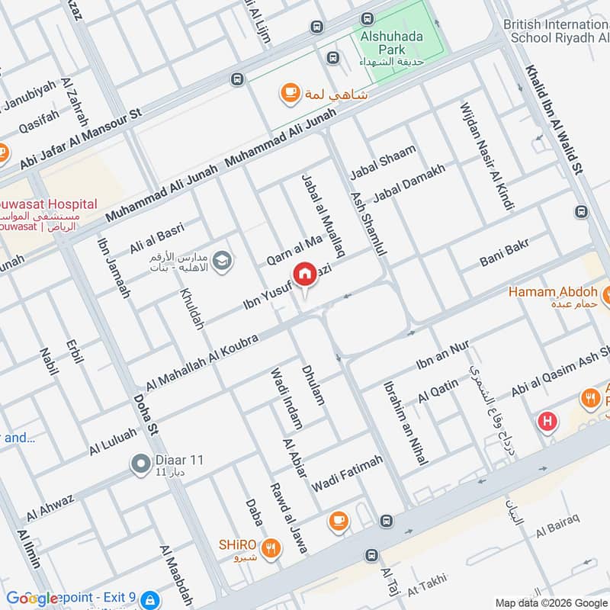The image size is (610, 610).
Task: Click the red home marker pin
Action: pyautogui.click(x=304, y=274)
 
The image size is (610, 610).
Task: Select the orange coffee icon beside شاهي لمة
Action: pyautogui.click(x=290, y=93)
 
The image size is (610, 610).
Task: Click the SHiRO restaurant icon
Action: pyautogui.click(x=269, y=547)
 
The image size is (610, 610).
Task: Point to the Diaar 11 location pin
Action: pyautogui.click(x=140, y=463)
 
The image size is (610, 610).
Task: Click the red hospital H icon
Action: pyautogui.click(x=546, y=420)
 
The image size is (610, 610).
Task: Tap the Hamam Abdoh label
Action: pyautogui.click(x=552, y=291)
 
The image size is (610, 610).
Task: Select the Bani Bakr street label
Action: pyautogui.click(x=504, y=252)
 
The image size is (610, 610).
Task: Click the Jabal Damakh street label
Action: pyautogui.click(x=409, y=184)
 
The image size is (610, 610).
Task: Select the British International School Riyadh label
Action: pyautogui.click(x=555, y=31)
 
